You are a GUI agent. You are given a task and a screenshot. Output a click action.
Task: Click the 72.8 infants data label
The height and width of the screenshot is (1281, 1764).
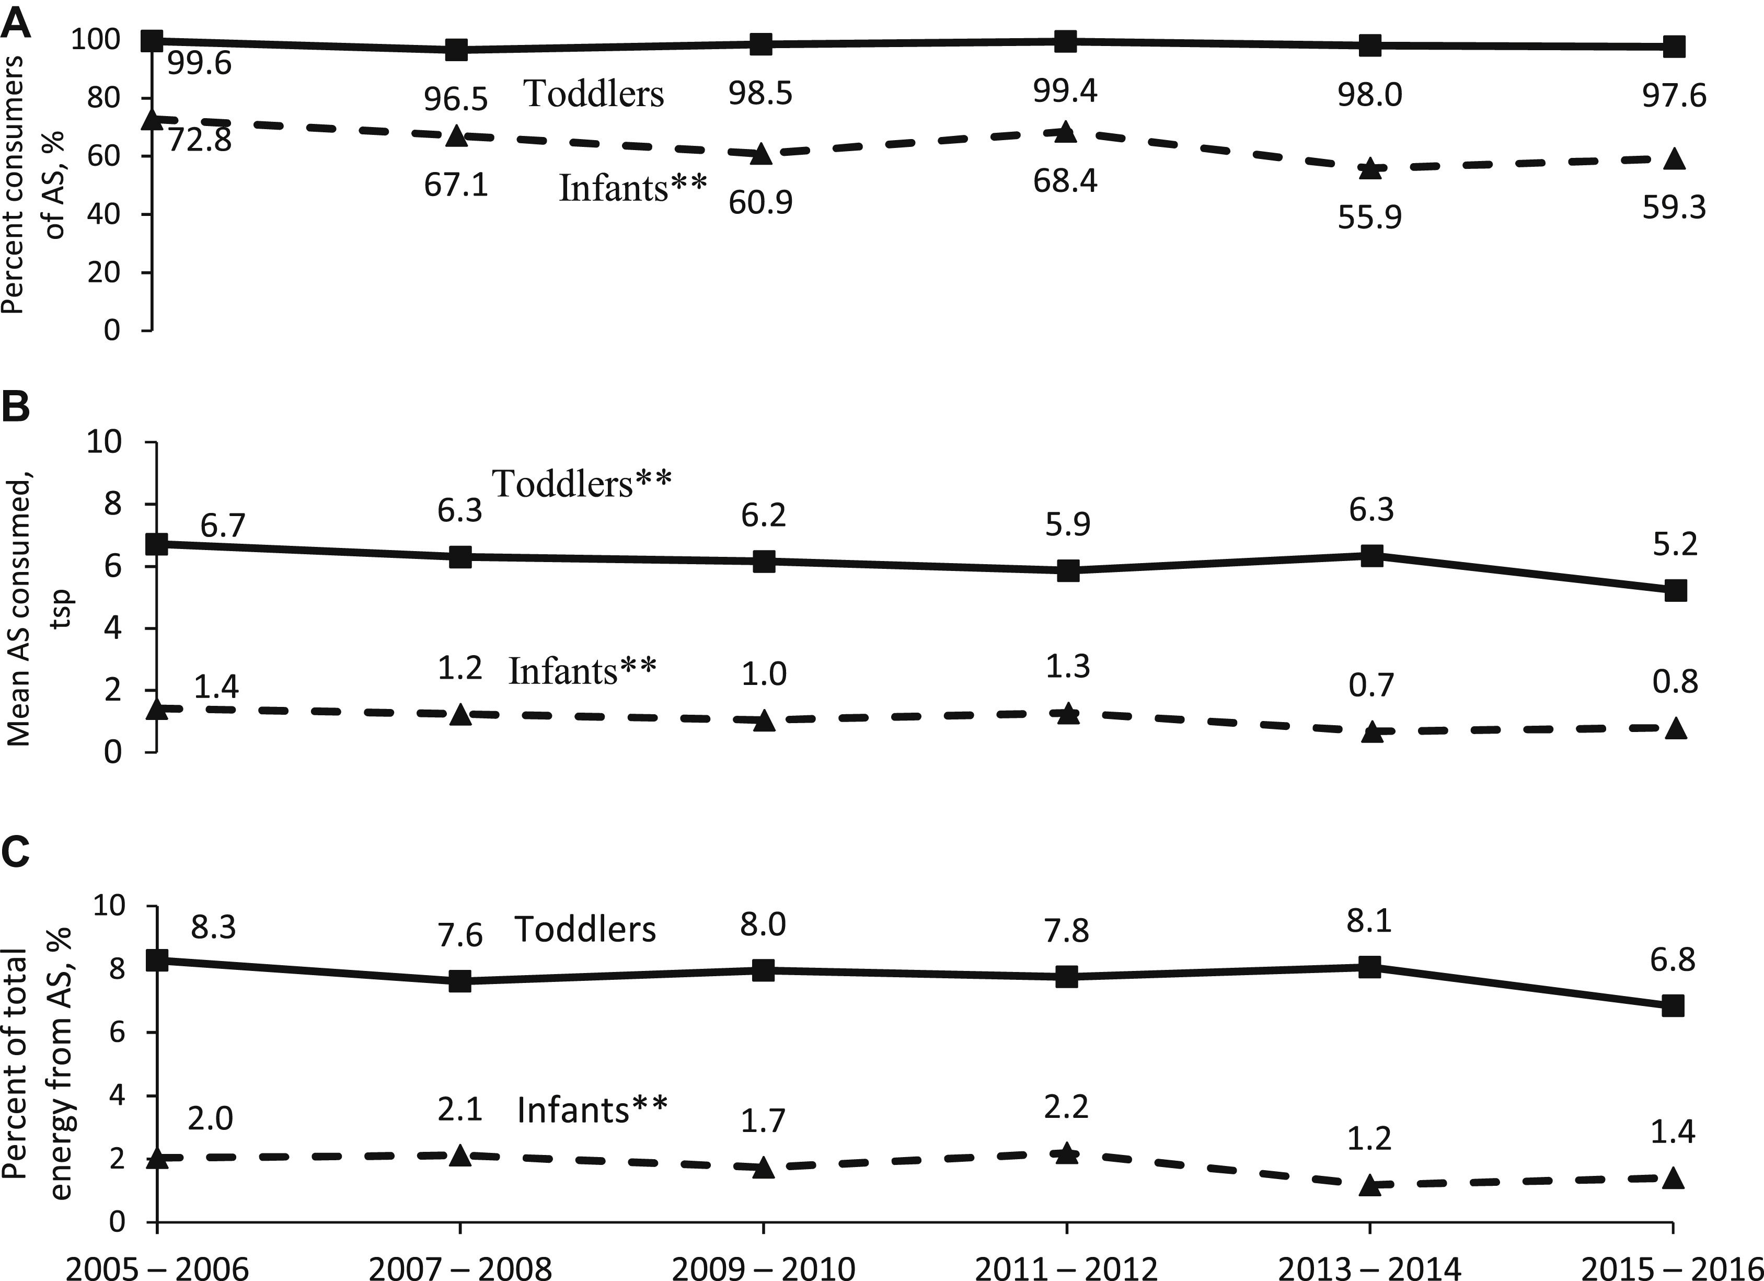click(199, 142)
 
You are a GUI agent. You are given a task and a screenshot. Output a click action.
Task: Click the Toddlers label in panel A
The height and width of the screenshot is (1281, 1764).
click(593, 94)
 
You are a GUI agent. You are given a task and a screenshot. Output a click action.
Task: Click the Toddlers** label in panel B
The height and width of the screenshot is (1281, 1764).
click(581, 484)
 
